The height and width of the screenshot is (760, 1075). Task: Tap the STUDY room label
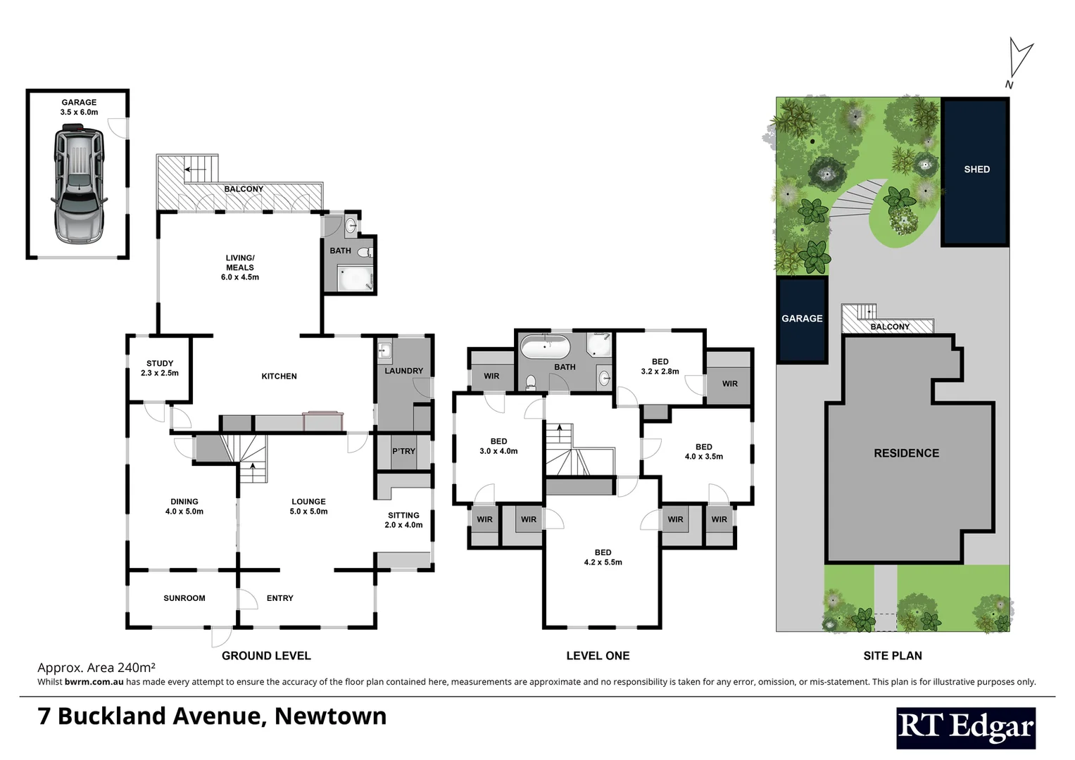tap(160, 363)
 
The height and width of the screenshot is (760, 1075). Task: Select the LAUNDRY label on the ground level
tap(403, 371)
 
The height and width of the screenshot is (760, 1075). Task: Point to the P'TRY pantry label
tap(403, 451)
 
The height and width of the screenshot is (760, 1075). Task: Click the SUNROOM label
tap(184, 598)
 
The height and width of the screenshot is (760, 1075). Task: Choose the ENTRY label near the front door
tap(279, 598)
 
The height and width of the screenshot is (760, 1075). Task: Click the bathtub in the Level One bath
tap(545, 348)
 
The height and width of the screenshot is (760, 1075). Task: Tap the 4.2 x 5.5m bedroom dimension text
tap(603, 562)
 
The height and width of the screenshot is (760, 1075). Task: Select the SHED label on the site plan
tap(976, 170)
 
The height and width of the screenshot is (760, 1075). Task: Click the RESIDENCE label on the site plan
tap(906, 453)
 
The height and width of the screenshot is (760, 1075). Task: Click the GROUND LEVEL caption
tap(266, 656)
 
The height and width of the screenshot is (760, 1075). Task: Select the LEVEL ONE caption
tap(598, 656)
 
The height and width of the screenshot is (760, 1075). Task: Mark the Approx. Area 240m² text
tap(96, 668)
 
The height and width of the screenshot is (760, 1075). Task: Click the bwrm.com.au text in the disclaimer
tap(94, 682)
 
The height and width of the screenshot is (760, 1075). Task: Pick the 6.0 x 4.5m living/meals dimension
tap(240, 277)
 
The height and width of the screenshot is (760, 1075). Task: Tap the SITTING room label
tap(403, 515)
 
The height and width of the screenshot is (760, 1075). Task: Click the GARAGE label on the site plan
tap(802, 319)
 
